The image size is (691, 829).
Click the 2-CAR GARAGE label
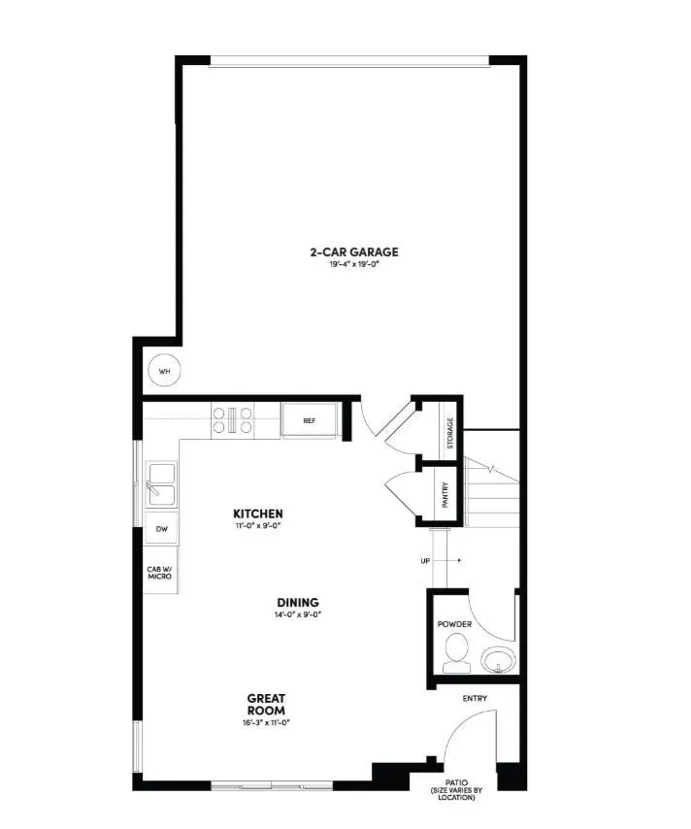[x=354, y=252]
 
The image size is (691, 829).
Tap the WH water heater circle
[x=164, y=371]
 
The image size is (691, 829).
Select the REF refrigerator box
[x=310, y=421]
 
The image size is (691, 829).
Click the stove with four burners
[x=233, y=419]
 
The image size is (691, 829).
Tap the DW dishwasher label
[x=161, y=529]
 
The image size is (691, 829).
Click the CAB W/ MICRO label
[x=159, y=573]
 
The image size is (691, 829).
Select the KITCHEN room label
[x=258, y=514]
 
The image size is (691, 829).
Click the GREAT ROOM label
[x=266, y=704]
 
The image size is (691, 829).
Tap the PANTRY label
[x=444, y=495]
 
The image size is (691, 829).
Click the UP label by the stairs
[x=424, y=561]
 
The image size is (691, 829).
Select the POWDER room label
[x=454, y=624]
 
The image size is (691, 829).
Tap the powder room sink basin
[x=498, y=659]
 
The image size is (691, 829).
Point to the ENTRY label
[x=476, y=698]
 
